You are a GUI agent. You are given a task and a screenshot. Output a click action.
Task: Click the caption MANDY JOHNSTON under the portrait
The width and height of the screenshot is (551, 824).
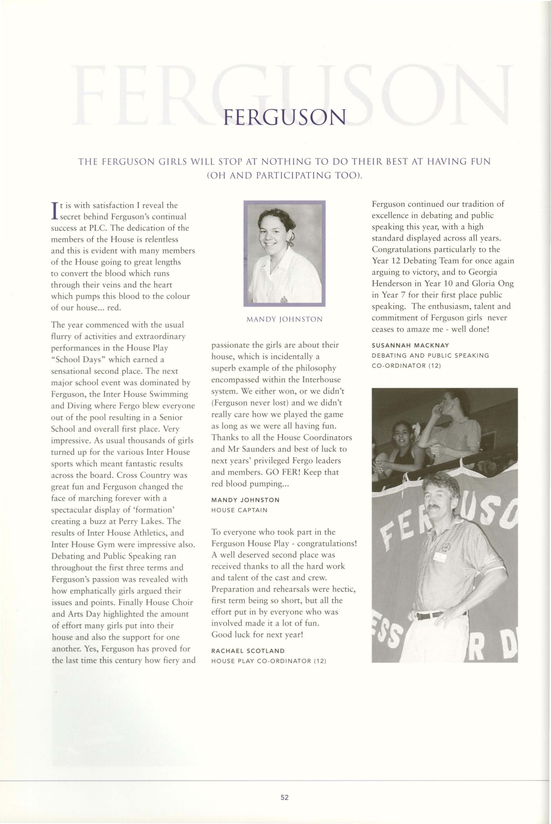pos(284,319)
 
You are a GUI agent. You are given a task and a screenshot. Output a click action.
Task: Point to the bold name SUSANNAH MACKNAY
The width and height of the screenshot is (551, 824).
pos(410,346)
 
